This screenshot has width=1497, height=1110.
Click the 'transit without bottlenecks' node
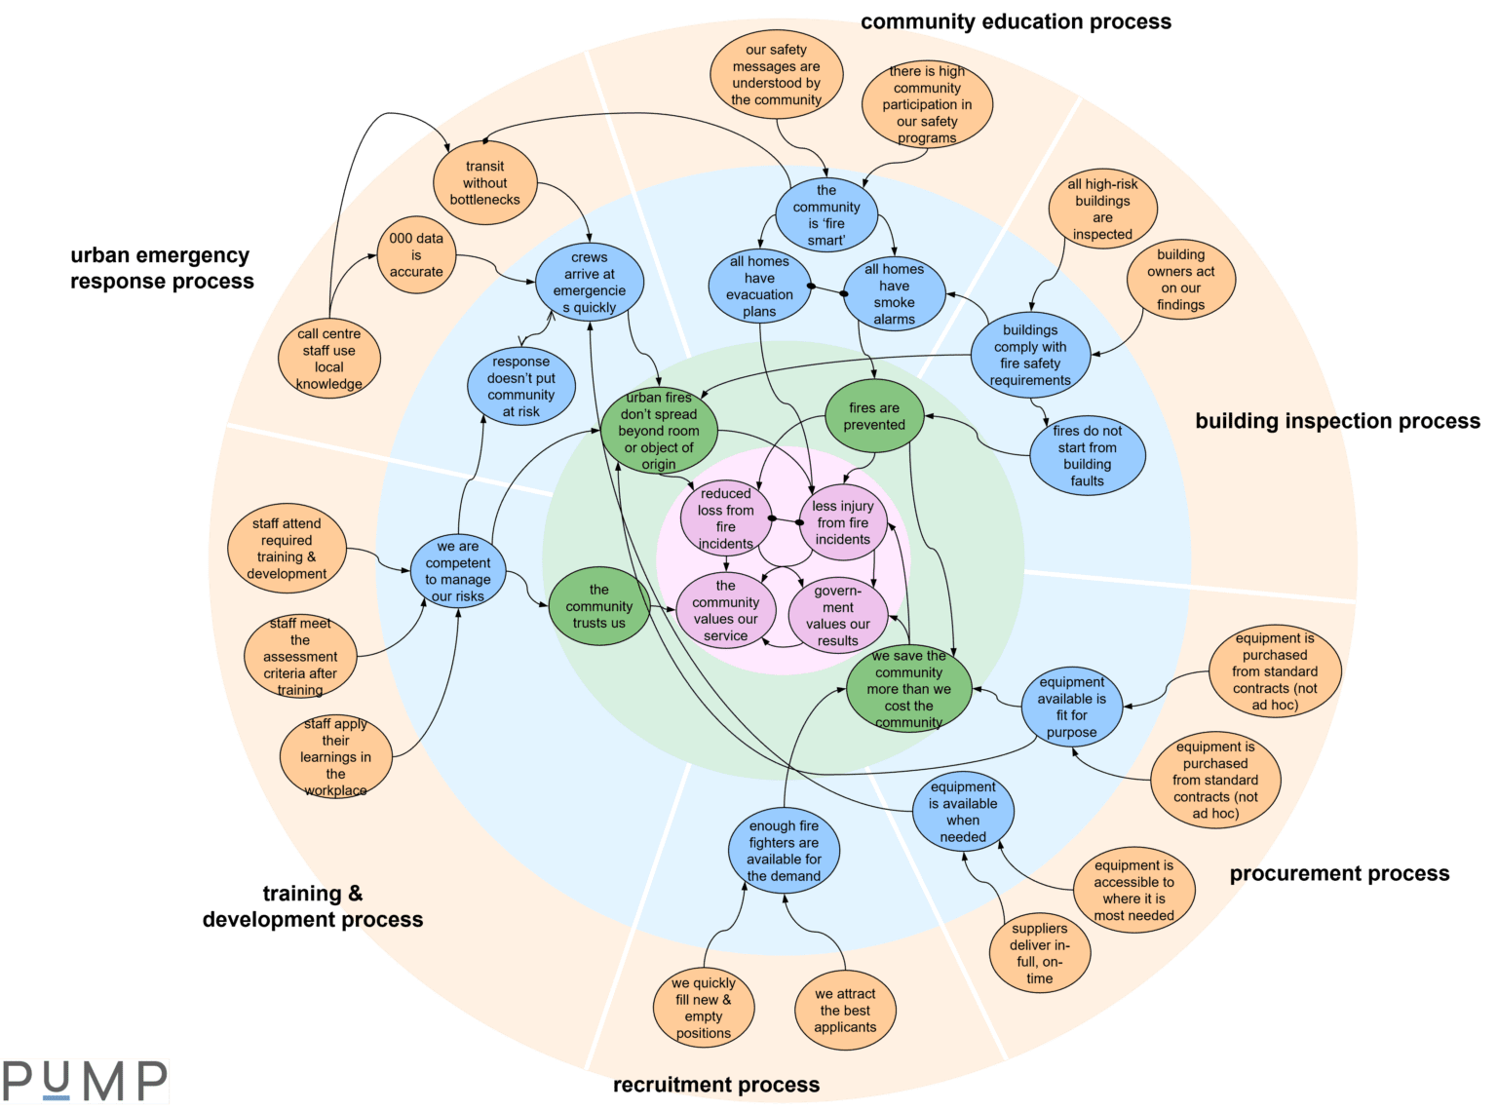(x=484, y=182)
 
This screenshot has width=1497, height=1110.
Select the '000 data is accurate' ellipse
(x=416, y=254)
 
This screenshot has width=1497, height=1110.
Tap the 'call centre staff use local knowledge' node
(x=328, y=358)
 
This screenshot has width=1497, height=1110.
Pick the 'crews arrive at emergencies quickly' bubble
(x=590, y=282)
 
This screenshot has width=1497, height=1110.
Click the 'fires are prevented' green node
(x=874, y=416)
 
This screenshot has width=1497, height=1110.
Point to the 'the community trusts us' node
(x=598, y=605)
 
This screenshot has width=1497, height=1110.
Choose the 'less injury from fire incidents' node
(x=842, y=522)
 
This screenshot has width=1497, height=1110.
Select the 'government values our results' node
(x=837, y=615)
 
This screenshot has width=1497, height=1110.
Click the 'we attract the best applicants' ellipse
(x=845, y=1010)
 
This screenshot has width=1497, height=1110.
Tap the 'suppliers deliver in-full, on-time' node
(x=1039, y=953)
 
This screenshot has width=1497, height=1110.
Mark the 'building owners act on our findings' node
(x=1180, y=279)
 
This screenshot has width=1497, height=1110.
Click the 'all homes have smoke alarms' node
(x=895, y=293)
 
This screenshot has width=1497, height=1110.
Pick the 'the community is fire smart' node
(x=826, y=214)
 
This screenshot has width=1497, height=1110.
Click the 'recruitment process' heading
(x=716, y=1085)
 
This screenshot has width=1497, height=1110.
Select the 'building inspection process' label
(x=1337, y=421)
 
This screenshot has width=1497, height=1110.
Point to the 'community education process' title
(x=1016, y=21)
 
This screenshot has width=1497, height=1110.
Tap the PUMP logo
(x=85, y=1081)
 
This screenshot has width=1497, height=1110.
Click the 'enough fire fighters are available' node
(x=784, y=850)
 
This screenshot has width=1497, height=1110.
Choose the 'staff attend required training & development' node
(x=287, y=548)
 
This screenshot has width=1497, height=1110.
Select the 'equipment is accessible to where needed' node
(x=1133, y=890)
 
